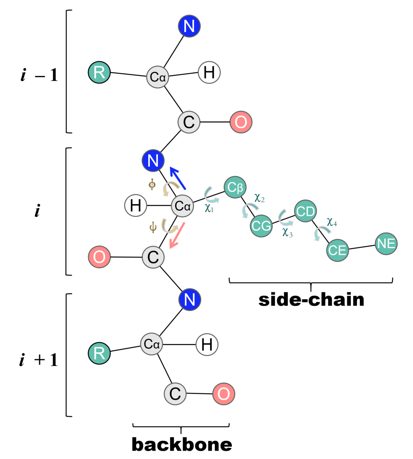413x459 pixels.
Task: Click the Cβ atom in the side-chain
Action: pyautogui.click(x=235, y=187)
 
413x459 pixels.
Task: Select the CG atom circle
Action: pyautogui.click(x=261, y=226)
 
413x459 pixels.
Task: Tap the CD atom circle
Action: pyautogui.click(x=305, y=211)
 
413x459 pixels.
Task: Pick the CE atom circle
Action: pyautogui.click(x=337, y=250)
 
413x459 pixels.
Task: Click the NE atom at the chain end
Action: pyautogui.click(x=386, y=244)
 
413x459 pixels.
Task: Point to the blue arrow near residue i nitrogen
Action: pyautogui.click(x=178, y=178)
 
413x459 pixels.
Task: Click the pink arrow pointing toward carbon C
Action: pyautogui.click(x=177, y=235)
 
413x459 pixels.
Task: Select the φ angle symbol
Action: pyautogui.click(x=152, y=185)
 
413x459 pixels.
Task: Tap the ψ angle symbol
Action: pyautogui.click(x=153, y=227)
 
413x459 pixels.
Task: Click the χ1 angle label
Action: pyautogui.click(x=209, y=208)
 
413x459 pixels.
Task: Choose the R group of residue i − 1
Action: pyautogui.click(x=99, y=73)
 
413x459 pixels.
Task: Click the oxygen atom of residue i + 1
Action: pyautogui.click(x=224, y=394)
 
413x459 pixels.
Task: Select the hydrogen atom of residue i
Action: pyautogui.click(x=136, y=206)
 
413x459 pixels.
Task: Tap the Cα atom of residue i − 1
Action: pyautogui.click(x=158, y=77)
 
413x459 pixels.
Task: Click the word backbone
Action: pyautogui.click(x=182, y=445)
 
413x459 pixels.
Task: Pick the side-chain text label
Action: pyautogui.click(x=311, y=300)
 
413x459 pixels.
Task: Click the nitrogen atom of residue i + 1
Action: pyautogui.click(x=189, y=300)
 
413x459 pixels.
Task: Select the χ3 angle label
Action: pyautogui.click(x=287, y=233)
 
